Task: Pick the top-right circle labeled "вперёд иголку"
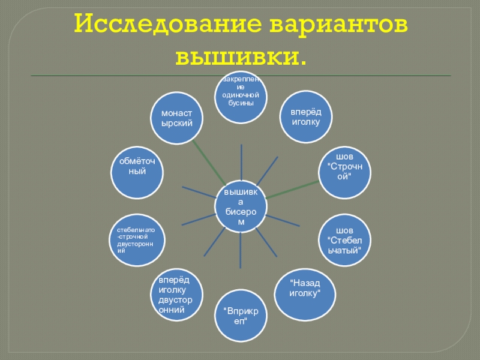[306, 117]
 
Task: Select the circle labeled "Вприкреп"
[240, 316]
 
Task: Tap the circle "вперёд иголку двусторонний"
[174, 295]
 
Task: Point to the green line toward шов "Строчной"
[292, 188]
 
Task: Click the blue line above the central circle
[241, 162]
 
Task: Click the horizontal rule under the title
[240, 76]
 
